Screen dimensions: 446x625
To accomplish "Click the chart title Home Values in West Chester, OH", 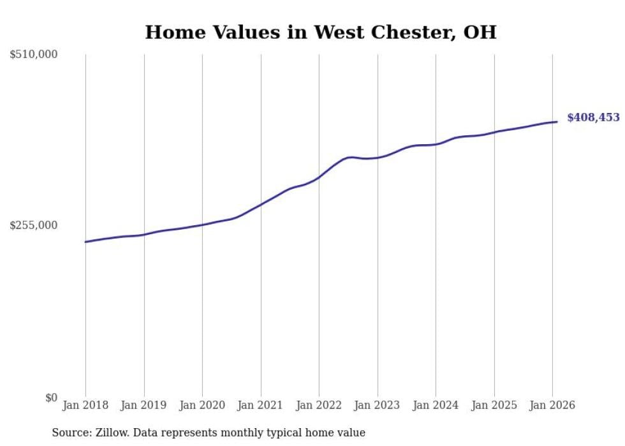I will click(x=320, y=33).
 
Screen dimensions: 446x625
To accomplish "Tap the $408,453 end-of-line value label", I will click(x=593, y=117).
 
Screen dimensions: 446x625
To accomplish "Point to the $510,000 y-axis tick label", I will click(x=34, y=55).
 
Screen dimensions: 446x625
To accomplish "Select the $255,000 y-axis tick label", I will click(x=34, y=225).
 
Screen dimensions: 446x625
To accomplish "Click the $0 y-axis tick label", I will click(x=51, y=398).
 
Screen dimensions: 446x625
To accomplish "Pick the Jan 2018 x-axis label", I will click(x=85, y=405).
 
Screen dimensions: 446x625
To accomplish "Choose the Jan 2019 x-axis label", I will click(x=144, y=405).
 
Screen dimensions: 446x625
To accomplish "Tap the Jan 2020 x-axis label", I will click(x=202, y=405).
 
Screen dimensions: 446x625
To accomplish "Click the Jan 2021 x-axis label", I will click(x=261, y=405).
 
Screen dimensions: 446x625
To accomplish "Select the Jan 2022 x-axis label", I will click(x=319, y=405).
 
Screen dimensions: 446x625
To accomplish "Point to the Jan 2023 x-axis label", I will click(x=378, y=405).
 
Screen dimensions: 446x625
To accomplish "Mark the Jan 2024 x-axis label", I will click(x=436, y=405).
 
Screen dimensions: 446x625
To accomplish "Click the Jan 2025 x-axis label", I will click(x=494, y=405).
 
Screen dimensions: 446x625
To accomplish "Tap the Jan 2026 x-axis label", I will click(x=552, y=405).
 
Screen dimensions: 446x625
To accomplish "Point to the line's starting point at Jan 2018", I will click(x=85, y=242).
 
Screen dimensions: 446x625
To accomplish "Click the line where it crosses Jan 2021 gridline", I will click(x=261, y=204).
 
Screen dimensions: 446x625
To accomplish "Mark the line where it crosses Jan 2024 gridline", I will click(x=436, y=144).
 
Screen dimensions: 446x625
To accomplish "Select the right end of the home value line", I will click(x=557, y=122).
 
